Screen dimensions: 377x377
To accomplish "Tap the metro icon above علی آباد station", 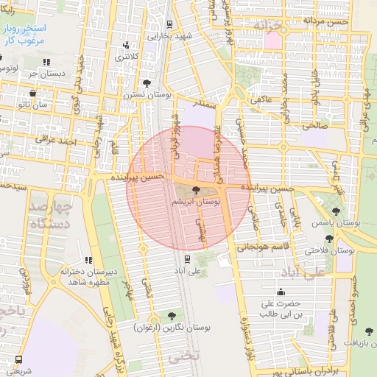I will [x=187, y=258].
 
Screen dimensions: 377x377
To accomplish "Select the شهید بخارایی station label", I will [x=169, y=35].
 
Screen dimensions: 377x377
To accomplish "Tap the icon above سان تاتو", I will [x=34, y=94].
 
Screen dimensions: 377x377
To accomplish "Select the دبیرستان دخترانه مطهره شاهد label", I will [x=89, y=277].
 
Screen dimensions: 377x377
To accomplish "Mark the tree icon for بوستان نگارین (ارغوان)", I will [x=172, y=315].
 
